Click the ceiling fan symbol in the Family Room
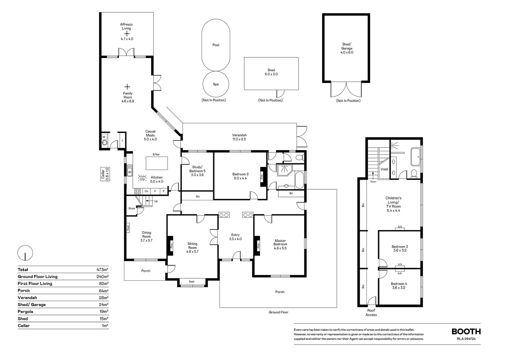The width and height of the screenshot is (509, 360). pos(128,87)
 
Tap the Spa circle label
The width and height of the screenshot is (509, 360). pos(216,84)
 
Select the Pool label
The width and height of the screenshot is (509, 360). pos(216,45)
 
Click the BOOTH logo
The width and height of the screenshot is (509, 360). pos(466,332)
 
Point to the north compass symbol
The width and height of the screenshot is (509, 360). pos(25,253)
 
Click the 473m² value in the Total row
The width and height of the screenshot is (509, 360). pos(102,270)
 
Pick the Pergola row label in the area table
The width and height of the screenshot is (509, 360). pos(25,312)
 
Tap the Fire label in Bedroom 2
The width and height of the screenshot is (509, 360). pos(262,176)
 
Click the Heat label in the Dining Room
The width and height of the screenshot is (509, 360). pos(128,228)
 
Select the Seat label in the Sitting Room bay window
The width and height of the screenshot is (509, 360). pos(192,282)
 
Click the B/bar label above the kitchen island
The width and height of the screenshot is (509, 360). pos(156,154)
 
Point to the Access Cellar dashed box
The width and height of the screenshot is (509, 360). pos(142,178)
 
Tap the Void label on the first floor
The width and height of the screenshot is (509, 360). pos(384,169)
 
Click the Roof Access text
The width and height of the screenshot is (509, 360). pos(371,312)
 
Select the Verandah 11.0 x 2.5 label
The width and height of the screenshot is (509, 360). pos(239,137)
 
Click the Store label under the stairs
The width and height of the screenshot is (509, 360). pos(132,208)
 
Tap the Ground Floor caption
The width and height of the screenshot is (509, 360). pos(278,312)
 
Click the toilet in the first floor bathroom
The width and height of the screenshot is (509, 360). pos(414,173)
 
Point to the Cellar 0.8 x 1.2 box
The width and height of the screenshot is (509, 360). pos(105,174)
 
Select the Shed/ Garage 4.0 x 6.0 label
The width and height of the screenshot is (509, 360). pos(347,48)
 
